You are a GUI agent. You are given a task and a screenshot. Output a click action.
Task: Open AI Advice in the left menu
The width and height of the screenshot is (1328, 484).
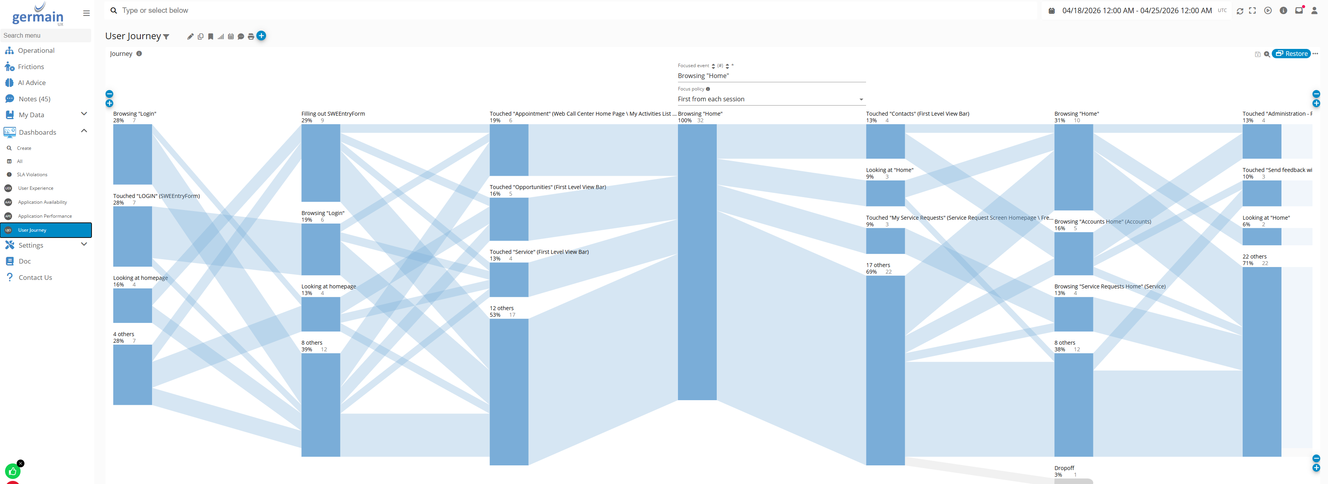(31, 83)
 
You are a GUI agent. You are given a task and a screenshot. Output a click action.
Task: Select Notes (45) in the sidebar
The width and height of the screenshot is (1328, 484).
(34, 99)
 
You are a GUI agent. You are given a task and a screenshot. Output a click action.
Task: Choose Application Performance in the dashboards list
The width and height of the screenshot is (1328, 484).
(45, 216)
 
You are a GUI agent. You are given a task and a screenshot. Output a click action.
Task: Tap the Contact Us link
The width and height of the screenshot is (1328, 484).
(35, 278)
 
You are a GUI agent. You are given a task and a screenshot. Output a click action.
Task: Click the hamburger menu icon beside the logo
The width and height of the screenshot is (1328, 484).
(86, 14)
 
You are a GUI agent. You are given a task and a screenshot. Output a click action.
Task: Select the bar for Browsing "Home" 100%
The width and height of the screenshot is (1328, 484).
(697, 262)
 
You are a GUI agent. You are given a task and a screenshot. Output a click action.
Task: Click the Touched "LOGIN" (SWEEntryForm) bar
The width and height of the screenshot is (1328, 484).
(133, 236)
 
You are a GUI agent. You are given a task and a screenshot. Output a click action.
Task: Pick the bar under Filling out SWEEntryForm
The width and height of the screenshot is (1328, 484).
(321, 163)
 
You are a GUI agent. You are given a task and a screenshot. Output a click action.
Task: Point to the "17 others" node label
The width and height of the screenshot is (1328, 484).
(878, 265)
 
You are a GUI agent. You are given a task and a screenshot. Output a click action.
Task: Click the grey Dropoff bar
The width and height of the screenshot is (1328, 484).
(1073, 481)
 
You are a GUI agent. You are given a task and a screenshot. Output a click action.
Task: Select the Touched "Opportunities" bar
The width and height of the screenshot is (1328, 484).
(509, 219)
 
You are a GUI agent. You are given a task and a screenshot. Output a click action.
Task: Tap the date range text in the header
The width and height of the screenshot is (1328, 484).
(1137, 11)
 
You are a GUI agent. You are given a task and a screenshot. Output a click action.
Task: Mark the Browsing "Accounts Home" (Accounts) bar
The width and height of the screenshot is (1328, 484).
(1073, 253)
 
